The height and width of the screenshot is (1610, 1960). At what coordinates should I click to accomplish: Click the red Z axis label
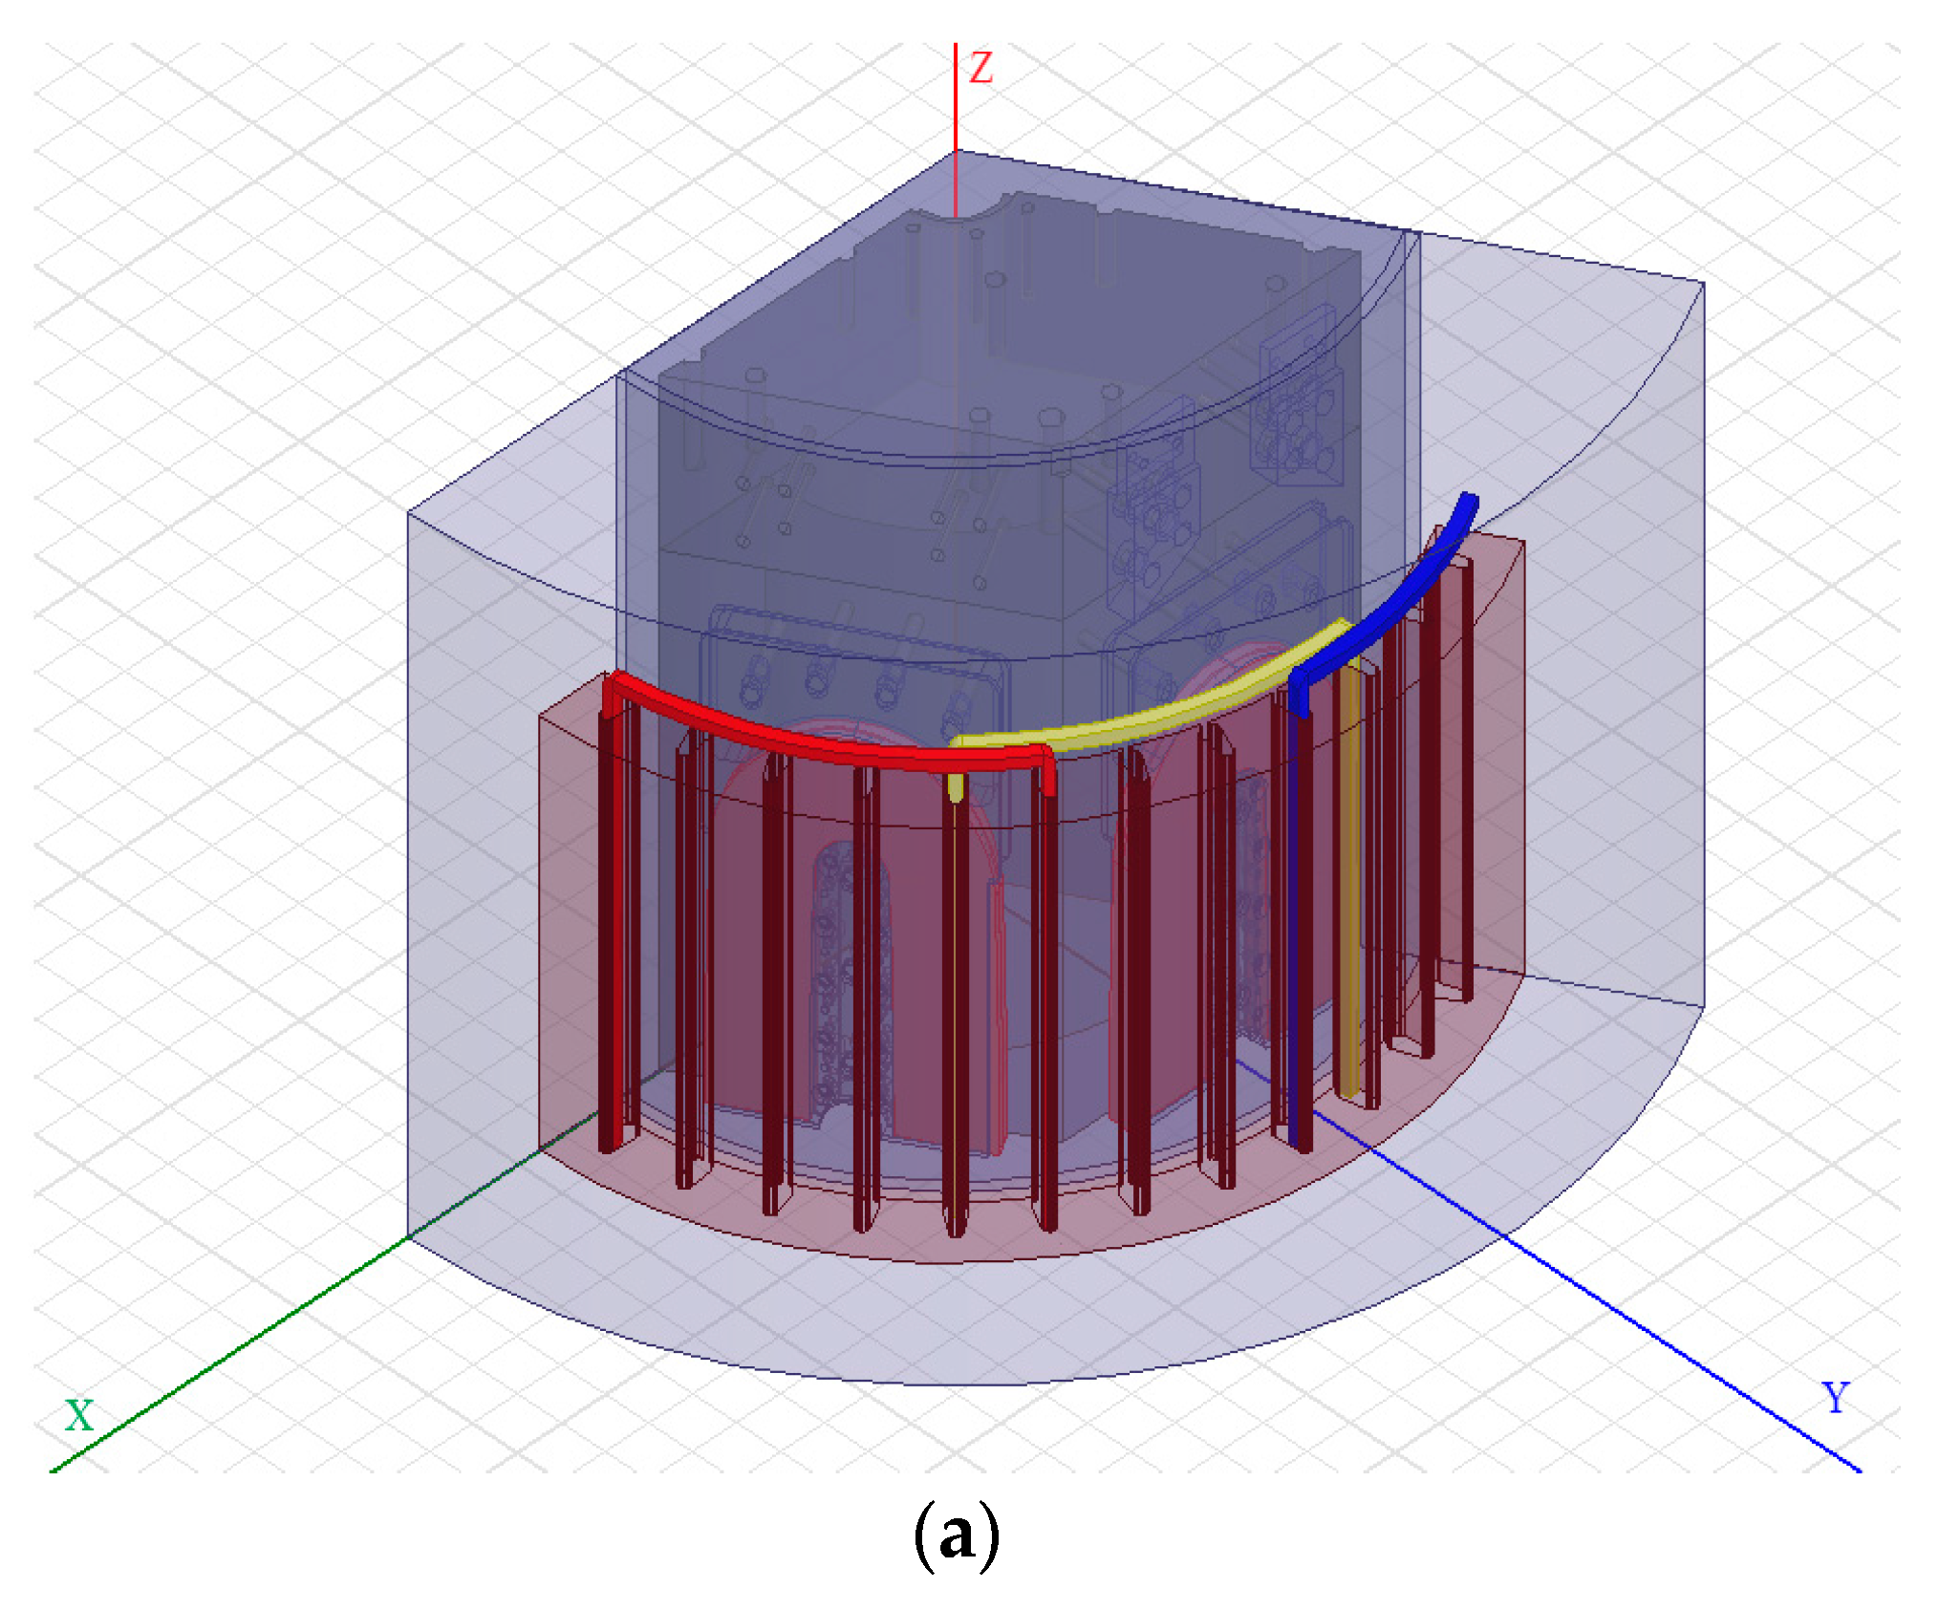980,68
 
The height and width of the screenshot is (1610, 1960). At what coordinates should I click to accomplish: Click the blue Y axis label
1836,1398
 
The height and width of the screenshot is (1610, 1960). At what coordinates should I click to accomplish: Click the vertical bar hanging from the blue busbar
1299,927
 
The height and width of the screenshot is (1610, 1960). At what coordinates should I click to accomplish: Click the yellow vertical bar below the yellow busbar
1347,879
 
